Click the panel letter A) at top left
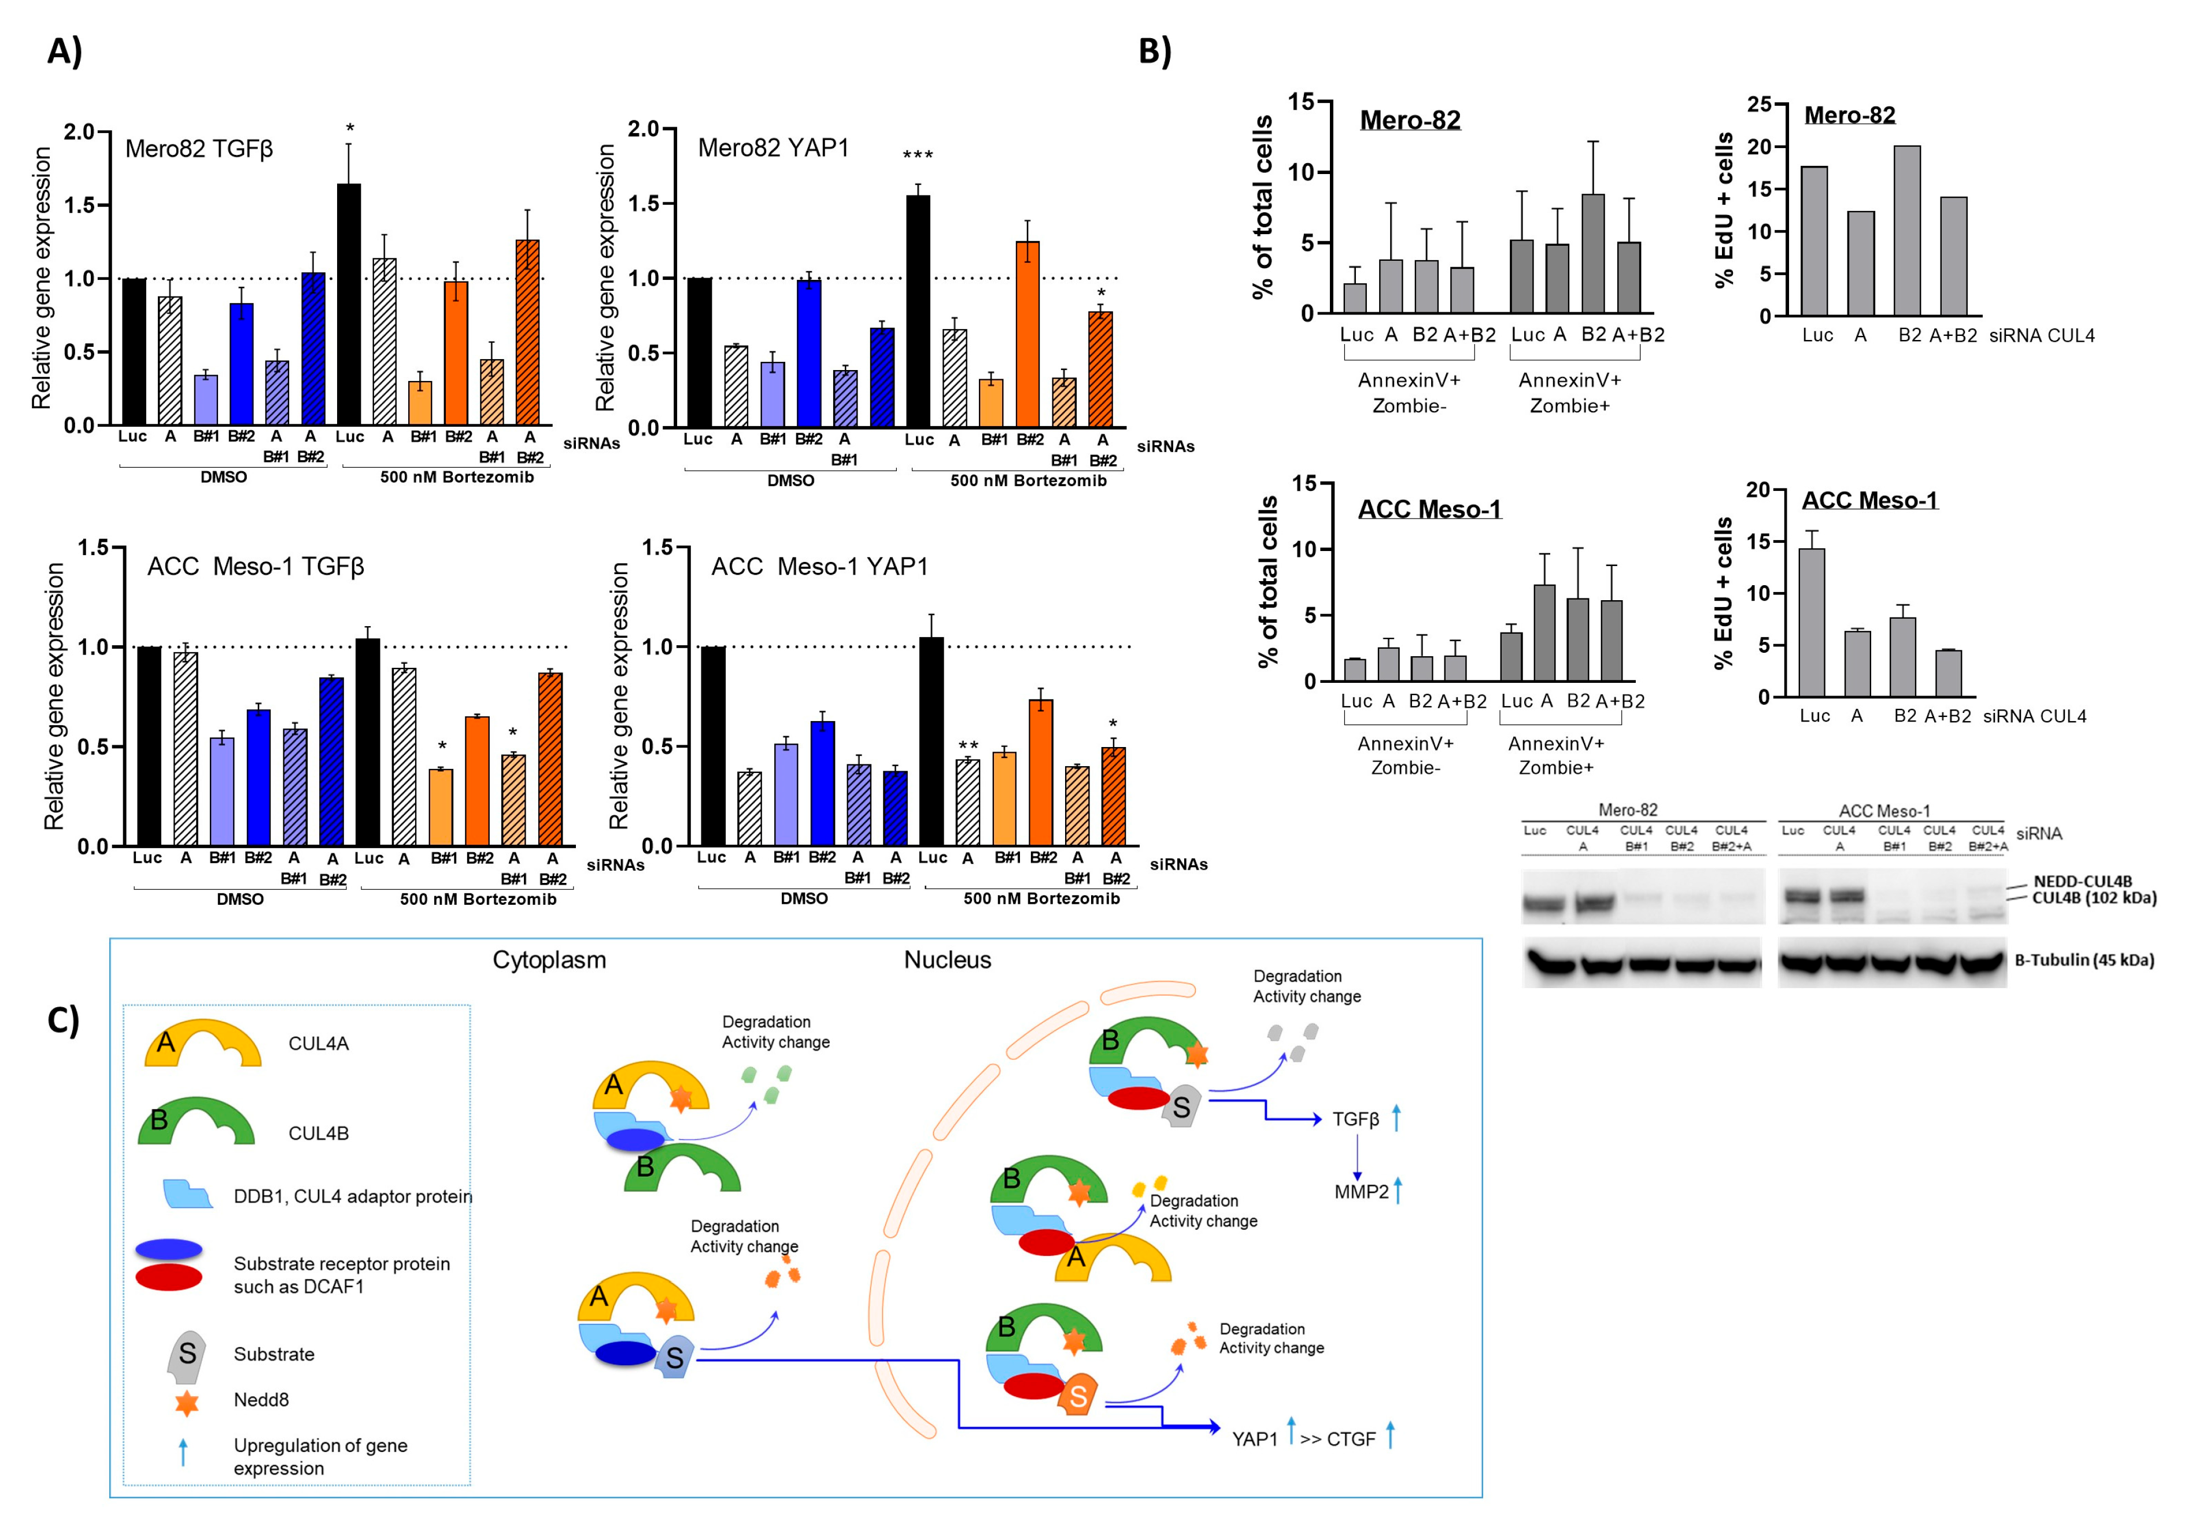65,50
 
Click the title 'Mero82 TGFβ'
199,149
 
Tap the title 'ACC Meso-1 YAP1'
819,567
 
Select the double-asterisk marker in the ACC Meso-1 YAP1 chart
968,746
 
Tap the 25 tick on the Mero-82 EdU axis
1759,105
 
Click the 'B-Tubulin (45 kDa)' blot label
2084,960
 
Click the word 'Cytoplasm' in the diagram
549,960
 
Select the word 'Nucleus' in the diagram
947,960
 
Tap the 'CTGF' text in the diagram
1351,1439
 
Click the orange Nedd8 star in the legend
187,1402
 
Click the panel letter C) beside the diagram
63,1021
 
